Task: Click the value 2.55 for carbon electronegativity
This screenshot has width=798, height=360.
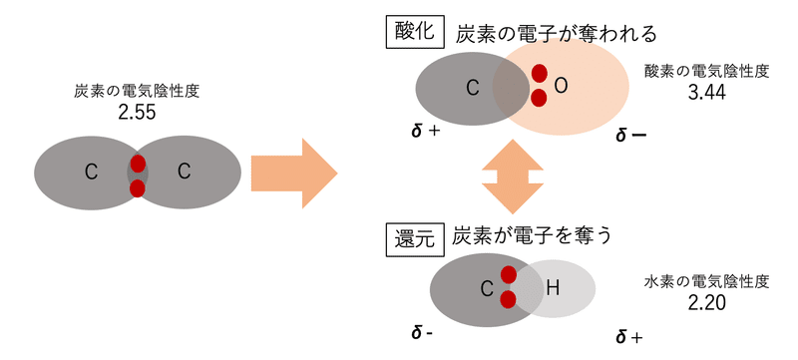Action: coord(138,113)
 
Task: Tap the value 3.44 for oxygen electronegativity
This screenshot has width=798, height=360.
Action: coord(706,93)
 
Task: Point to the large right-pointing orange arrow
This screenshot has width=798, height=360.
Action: coord(293,173)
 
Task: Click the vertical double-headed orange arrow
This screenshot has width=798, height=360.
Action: coord(511,174)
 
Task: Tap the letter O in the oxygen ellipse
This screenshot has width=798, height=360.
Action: coord(561,87)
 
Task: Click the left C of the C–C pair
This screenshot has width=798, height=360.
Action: coord(91,173)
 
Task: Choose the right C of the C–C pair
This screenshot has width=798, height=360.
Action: coord(184,173)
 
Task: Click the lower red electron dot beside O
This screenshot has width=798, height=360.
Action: coord(539,98)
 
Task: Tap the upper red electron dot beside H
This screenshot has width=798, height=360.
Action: coord(509,275)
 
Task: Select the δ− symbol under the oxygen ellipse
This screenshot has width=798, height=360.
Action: coord(630,134)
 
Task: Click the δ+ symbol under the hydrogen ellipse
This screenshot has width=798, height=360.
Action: coord(628,337)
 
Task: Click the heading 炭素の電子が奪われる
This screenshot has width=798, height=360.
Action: coord(556,33)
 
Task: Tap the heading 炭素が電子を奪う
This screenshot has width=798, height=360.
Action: coord(532,236)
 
